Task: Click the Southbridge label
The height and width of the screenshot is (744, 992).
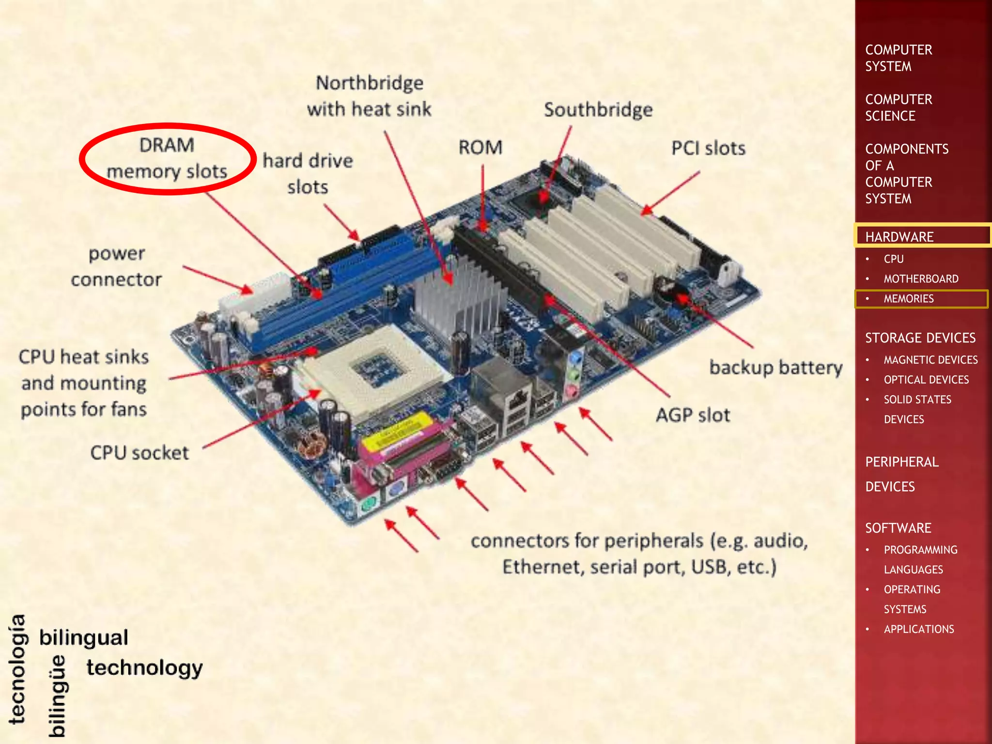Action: [598, 110]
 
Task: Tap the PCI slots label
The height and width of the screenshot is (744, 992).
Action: [708, 148]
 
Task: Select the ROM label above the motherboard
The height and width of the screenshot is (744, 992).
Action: [480, 148]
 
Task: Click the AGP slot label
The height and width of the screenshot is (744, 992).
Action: [693, 415]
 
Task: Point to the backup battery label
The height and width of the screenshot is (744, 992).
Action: [776, 367]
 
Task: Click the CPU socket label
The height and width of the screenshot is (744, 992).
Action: [139, 453]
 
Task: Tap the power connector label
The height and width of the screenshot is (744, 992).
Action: [116, 266]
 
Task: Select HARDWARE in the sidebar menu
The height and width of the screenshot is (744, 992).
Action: [899, 237]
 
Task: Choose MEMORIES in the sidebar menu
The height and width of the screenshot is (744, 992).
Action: [909, 299]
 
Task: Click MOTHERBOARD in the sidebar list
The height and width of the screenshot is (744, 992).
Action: [921, 279]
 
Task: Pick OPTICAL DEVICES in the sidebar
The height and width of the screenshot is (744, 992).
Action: [926, 380]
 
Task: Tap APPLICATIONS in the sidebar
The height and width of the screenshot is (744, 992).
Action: [919, 629]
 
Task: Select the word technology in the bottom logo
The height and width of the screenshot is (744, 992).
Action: [144, 668]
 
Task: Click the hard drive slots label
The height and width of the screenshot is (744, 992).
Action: [308, 174]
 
